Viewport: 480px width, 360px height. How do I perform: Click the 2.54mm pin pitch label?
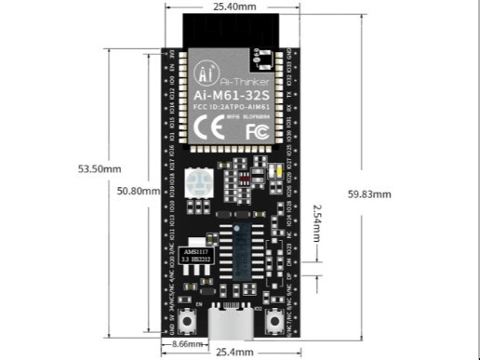coord(318,221)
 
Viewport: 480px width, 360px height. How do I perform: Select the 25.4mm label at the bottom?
coord(233,353)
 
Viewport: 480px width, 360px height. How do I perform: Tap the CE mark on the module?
coord(212,129)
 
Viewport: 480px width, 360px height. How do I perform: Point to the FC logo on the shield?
coord(257,130)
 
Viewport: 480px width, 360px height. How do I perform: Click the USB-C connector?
coord(233,325)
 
